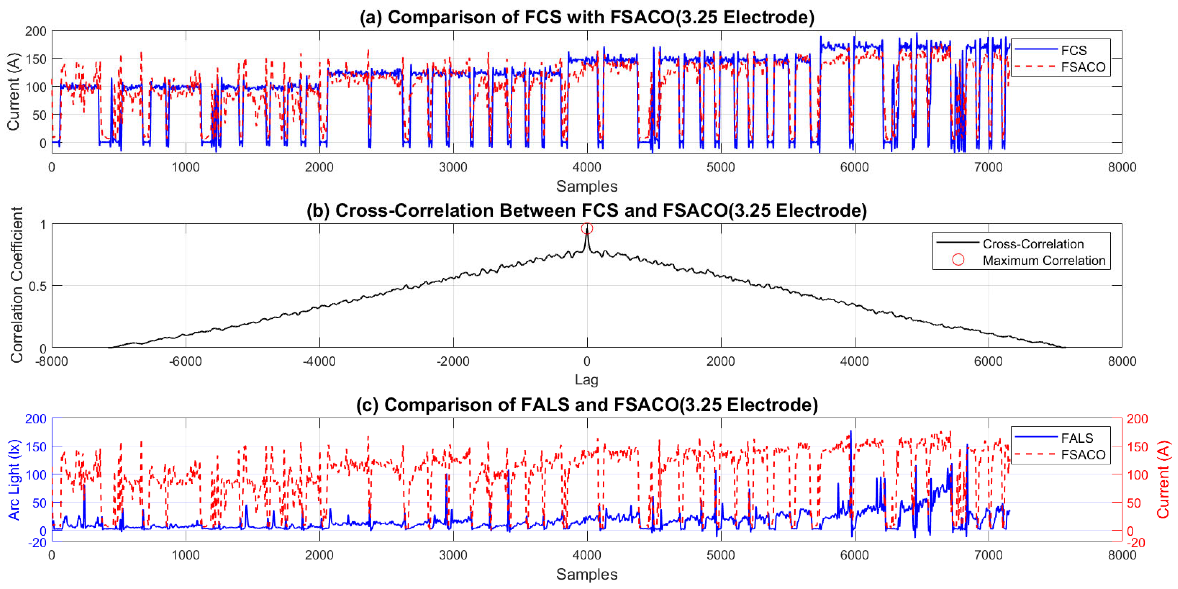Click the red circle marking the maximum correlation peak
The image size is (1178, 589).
click(x=587, y=228)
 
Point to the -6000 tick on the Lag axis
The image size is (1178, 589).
click(x=185, y=361)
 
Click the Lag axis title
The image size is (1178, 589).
click(x=586, y=380)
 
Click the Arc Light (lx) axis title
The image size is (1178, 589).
click(x=14, y=480)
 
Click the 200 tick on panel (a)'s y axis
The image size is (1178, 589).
click(x=36, y=31)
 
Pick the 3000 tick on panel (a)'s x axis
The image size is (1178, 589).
click(x=453, y=167)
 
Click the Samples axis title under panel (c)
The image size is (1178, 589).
click(x=586, y=574)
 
